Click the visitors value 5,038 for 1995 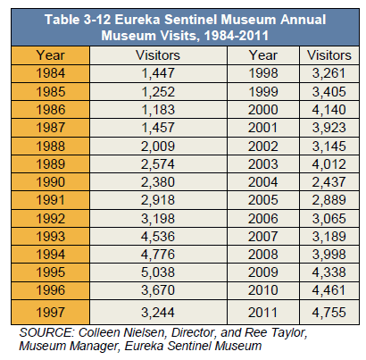click(x=158, y=272)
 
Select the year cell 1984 click(x=50, y=73)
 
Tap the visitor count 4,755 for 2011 click(x=329, y=313)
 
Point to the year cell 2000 click(x=263, y=110)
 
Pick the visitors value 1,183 click(x=158, y=110)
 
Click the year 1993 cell click(x=50, y=237)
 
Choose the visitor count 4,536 click(x=158, y=237)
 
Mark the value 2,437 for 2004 click(x=329, y=182)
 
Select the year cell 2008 click(x=263, y=255)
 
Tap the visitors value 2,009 click(x=158, y=147)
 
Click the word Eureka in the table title click(x=137, y=20)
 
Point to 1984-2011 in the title click(x=237, y=36)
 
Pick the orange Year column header click(x=50, y=55)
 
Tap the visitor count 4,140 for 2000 click(x=329, y=110)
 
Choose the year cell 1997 click(x=50, y=313)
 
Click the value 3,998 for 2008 click(x=329, y=255)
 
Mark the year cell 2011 click(x=263, y=313)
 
